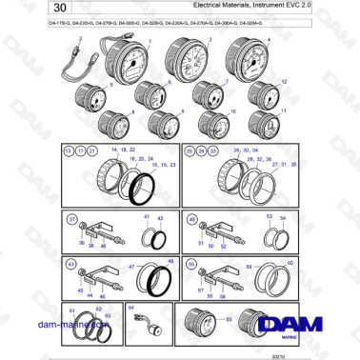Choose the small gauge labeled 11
coord(263,122)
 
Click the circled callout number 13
coord(68,151)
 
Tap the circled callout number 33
coord(215,151)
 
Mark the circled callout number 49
coord(193,221)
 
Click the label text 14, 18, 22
coord(124,151)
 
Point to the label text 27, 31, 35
coord(285,165)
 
